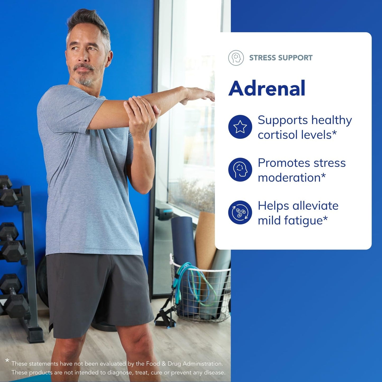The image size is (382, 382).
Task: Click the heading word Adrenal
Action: tap(267, 88)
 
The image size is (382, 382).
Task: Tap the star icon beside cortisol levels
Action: tap(240, 127)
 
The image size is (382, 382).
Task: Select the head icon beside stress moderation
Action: tap(240, 170)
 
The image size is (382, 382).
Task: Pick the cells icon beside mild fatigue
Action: tap(240, 213)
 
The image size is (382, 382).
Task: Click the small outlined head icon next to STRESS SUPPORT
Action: tap(236, 58)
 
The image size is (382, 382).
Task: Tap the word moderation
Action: tap(289, 178)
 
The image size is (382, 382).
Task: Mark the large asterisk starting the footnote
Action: tap(7, 361)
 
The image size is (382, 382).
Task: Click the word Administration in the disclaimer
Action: tap(202, 364)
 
